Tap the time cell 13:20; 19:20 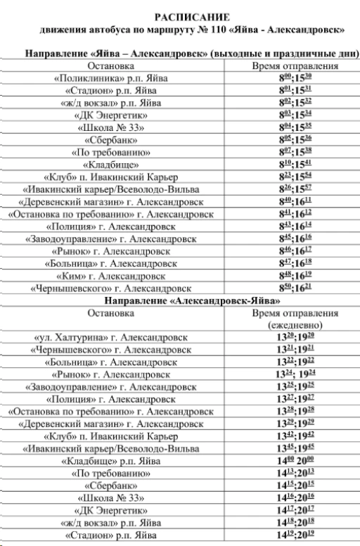coord(295,338)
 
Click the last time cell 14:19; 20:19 coord(295,536)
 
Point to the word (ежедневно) coord(295,325)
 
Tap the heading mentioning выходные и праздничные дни coord(191,54)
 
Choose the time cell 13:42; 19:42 coord(295,436)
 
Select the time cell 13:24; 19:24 coord(295,374)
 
